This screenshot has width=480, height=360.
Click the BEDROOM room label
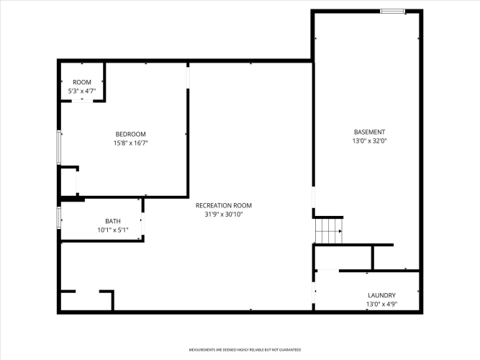pos(130,134)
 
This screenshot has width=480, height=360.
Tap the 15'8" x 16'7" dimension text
pos(131,143)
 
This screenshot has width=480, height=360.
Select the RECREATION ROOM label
pos(224,206)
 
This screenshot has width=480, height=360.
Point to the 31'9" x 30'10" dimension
pos(224,215)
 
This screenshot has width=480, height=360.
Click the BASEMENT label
pos(369,132)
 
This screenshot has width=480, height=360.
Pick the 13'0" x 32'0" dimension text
pos(369,141)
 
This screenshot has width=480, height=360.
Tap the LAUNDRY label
pos(381,295)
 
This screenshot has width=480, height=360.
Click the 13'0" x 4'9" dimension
pos(381,305)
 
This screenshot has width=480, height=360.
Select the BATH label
pos(113,221)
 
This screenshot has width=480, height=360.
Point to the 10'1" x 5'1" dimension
pos(113,230)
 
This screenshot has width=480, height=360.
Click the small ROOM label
pos(82,82)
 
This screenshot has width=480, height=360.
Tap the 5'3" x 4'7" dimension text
pos(82,91)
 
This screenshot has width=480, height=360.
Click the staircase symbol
pos(329,231)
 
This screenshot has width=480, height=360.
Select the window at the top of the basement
pos(392,12)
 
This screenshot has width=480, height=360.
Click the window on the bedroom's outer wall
pos(59,148)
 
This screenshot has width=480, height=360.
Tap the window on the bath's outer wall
pos(59,217)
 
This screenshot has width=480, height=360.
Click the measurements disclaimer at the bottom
pos(245,350)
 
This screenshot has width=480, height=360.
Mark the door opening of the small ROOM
pos(82,101)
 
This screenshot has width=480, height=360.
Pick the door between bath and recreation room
pos(142,224)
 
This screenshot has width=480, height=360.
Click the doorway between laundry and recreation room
pos(314,292)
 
